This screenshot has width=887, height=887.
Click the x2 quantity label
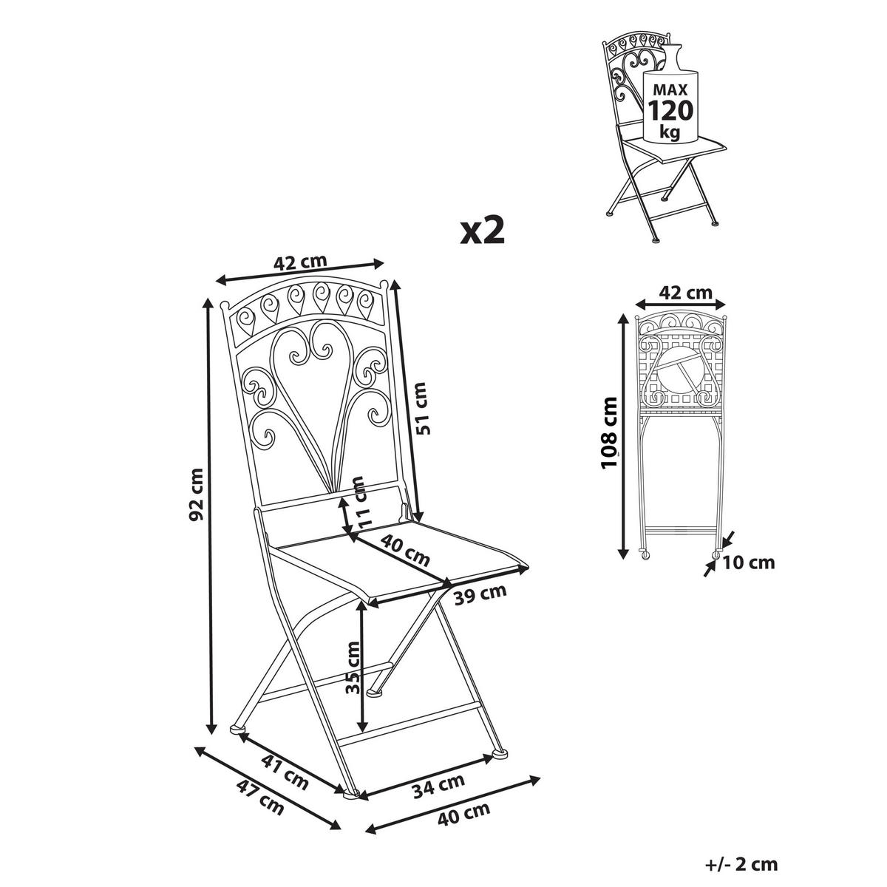[482, 231]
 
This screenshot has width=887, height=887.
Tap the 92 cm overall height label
[197, 493]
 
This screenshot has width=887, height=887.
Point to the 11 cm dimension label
[360, 500]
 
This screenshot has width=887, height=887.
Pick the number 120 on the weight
[670, 110]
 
